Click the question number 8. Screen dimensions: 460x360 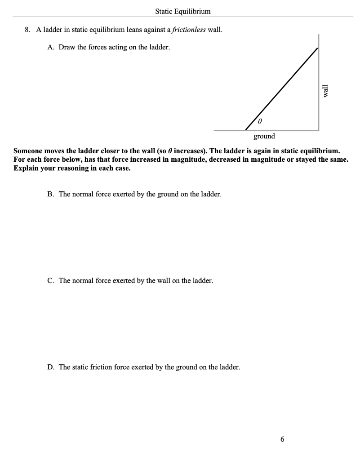27,30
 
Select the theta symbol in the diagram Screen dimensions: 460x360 260,122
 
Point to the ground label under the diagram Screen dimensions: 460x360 264,136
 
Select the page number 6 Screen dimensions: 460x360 282,439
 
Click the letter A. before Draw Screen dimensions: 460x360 50,47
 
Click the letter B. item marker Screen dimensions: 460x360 50,194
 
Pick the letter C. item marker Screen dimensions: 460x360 50,281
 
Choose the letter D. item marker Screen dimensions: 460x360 50,367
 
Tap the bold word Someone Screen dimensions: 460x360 29,150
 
